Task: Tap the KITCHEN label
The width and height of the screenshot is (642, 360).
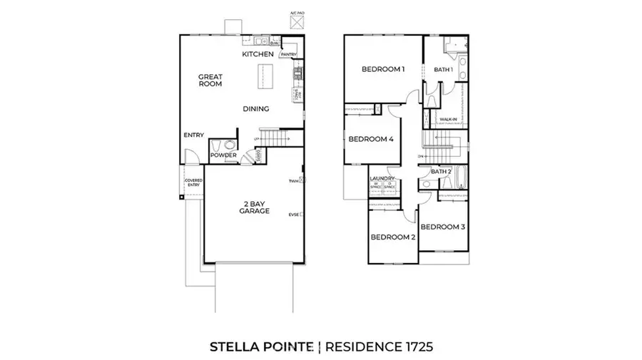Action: pos(258,54)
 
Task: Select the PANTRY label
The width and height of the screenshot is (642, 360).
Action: pos(288,55)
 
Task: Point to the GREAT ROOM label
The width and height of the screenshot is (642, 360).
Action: pos(210,80)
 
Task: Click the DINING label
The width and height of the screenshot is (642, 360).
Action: pos(255,109)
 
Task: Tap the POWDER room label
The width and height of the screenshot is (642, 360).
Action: pos(223,155)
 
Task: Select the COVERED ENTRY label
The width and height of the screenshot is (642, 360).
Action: pos(193,182)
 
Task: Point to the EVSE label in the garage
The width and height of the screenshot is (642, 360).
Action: pos(293,215)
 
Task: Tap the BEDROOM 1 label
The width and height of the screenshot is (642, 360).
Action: pos(383,69)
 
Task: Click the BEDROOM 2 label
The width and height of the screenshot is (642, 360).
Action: pos(392,237)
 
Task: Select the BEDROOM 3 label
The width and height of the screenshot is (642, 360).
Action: pos(442,227)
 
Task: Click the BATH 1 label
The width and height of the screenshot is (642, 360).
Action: pos(444,70)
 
